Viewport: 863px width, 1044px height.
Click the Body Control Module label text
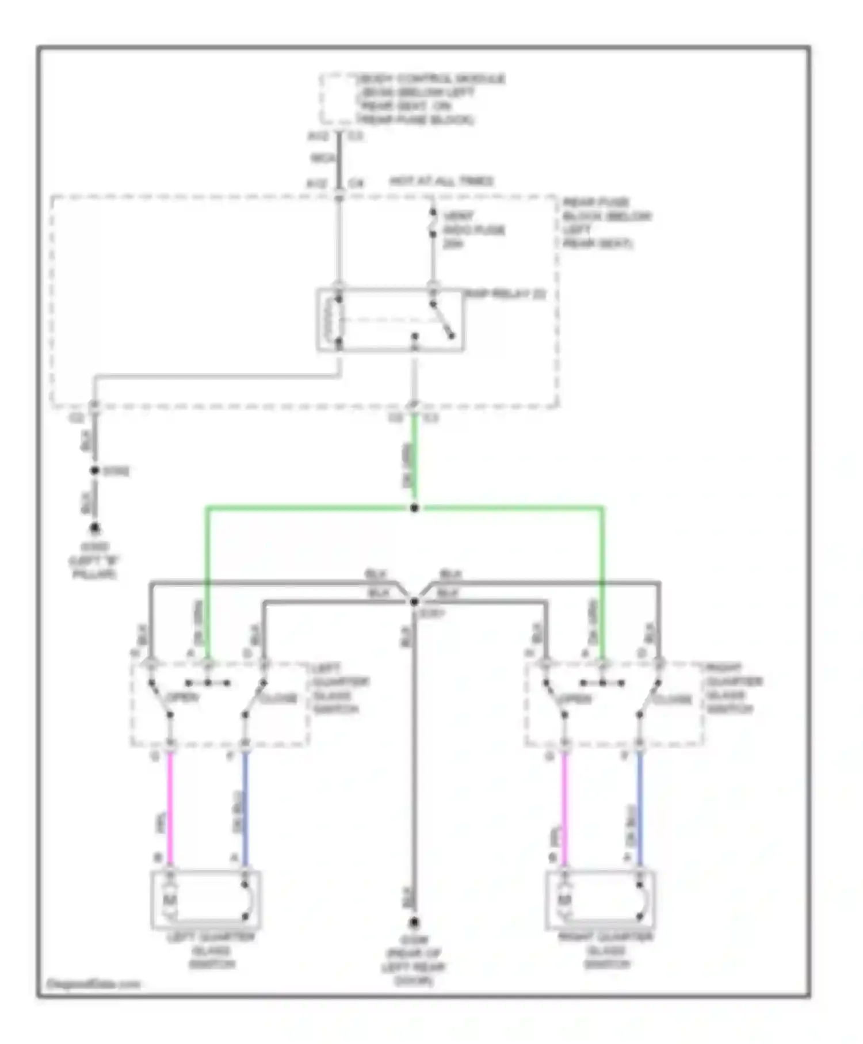[429, 98]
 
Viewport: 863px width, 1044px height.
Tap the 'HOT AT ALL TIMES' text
[441, 181]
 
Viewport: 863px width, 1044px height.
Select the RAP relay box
[391, 319]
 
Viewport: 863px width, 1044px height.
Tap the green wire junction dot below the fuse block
[414, 508]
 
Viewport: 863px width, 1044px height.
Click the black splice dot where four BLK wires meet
[414, 602]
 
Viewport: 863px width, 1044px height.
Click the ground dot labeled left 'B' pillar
[94, 528]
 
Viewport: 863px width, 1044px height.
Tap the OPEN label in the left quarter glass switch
[182, 698]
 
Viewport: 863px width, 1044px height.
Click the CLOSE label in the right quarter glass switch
[672, 700]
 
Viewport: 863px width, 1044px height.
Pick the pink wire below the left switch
[170, 806]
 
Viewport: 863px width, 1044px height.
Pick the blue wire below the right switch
[639, 806]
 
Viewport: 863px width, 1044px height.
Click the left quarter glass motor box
[206, 900]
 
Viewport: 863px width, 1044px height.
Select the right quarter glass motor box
[600, 900]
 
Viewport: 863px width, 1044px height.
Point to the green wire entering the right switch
[602, 604]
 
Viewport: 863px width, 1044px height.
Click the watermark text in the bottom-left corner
[93, 984]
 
